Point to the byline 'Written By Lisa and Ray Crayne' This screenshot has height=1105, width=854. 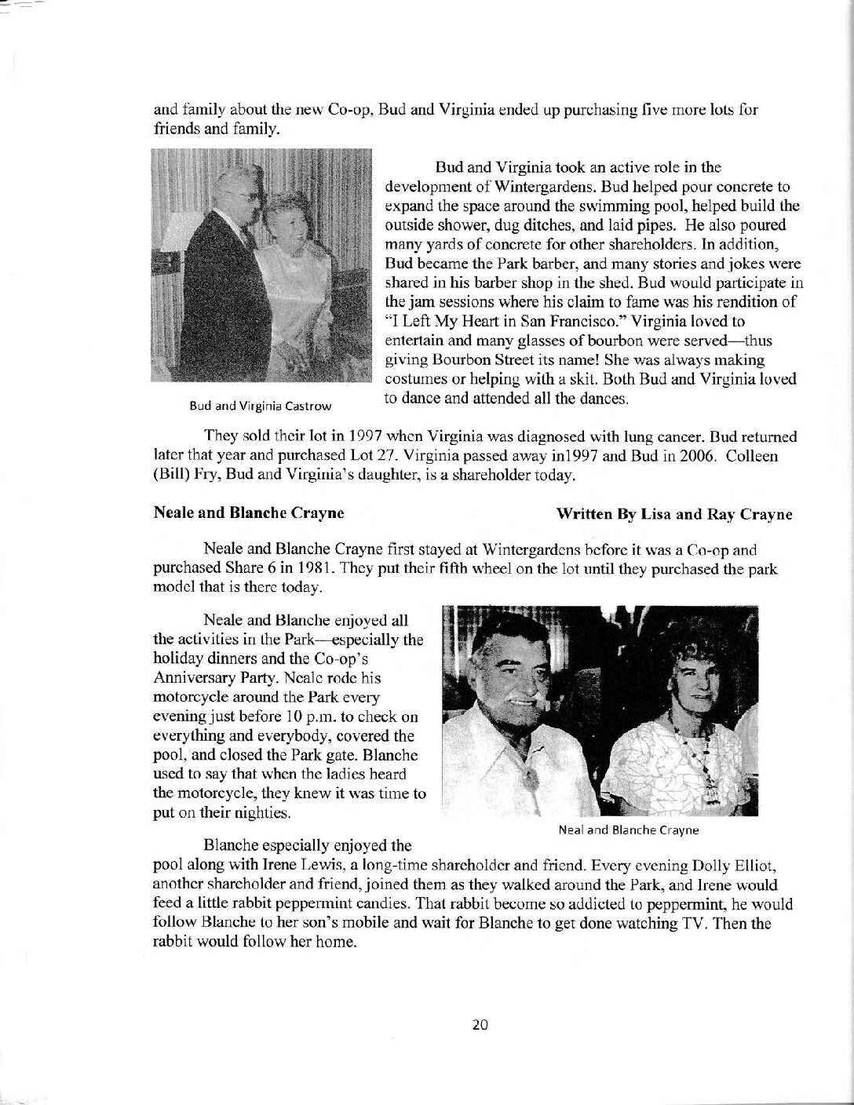[674, 515]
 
